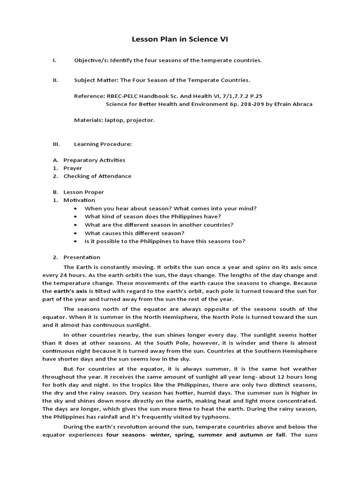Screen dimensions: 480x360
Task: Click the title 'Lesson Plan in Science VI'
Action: coord(180,40)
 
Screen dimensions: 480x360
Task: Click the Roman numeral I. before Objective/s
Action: coord(54,60)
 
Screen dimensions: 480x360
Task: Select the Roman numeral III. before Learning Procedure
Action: coord(56,144)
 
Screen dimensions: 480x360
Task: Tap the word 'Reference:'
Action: coord(90,96)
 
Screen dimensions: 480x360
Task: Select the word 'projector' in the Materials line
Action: coord(140,120)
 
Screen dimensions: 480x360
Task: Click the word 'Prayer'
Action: coord(73,168)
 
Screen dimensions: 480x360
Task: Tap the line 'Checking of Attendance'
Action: coord(97,176)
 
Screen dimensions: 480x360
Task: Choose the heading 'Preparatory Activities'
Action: coord(94,160)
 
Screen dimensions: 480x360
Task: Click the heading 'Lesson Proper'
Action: coord(84,192)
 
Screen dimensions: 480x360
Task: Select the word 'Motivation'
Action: coord(79,200)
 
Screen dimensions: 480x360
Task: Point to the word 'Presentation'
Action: coord(82,257)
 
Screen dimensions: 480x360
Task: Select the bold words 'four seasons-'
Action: coord(127,435)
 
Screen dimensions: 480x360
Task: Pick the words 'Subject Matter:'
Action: coord(95,80)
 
